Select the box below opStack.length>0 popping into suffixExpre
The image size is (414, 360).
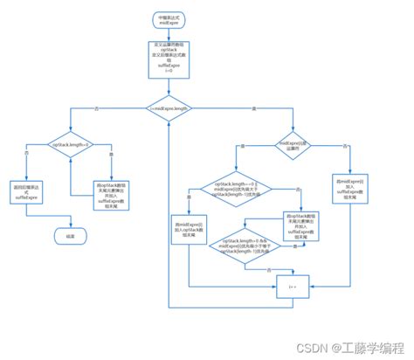tap(111, 195)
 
